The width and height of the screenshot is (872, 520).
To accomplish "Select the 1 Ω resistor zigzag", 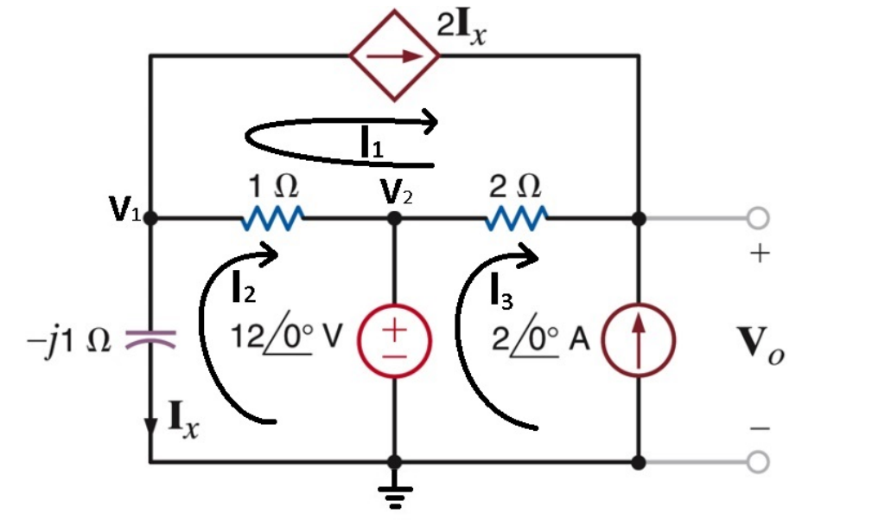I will point(271,219).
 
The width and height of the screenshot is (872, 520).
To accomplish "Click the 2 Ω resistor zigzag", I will point(516,219).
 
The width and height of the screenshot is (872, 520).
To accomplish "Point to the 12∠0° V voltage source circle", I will point(394,340).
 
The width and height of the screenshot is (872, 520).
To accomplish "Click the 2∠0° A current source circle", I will point(639,340).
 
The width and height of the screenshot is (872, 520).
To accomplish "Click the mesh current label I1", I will point(372,145).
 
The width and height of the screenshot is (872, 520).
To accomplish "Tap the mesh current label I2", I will point(245,291).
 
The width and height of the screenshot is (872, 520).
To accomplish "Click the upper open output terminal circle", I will point(757,219).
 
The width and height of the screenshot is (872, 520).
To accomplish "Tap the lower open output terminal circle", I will point(757,463).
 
